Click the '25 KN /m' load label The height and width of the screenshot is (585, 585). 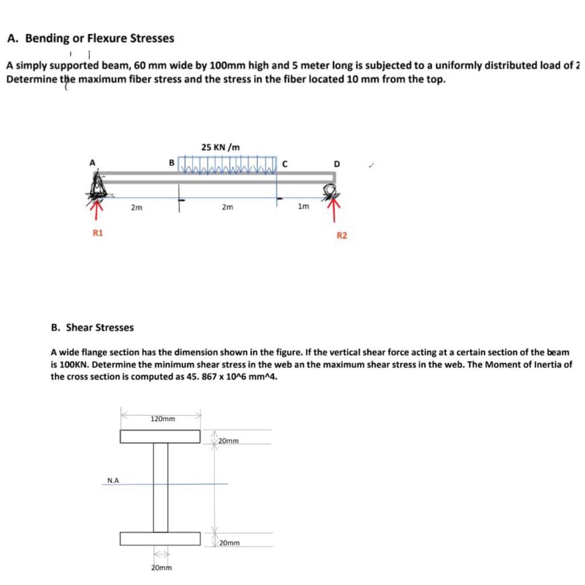click(221, 147)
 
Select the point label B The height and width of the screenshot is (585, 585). click(170, 163)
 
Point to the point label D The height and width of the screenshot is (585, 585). click(336, 164)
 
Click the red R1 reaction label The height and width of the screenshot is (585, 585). click(98, 233)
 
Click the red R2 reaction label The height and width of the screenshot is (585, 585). click(341, 235)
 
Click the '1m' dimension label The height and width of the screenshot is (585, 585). click(303, 206)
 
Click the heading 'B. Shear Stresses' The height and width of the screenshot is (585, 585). click(92, 327)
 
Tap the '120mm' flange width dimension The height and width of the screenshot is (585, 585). click(163, 419)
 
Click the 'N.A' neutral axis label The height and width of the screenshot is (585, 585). click(113, 480)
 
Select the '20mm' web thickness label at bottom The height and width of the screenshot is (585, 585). click(161, 567)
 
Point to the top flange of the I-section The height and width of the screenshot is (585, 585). click(160, 436)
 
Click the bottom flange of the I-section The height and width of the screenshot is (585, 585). click(160, 539)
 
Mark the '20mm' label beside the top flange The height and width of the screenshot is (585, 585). click(229, 441)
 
